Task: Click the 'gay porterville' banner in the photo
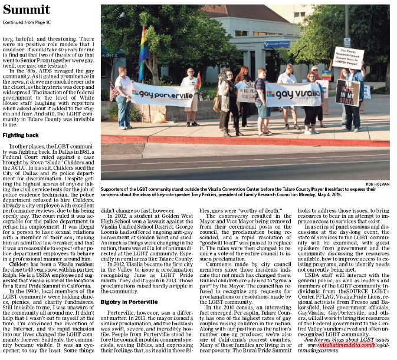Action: (x=162, y=93)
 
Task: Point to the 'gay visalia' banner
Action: (x=293, y=94)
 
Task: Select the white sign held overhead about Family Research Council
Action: (x=349, y=58)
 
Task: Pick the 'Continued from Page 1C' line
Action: (x=28, y=23)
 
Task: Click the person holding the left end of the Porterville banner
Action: (x=123, y=97)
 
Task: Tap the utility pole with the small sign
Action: (x=347, y=29)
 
